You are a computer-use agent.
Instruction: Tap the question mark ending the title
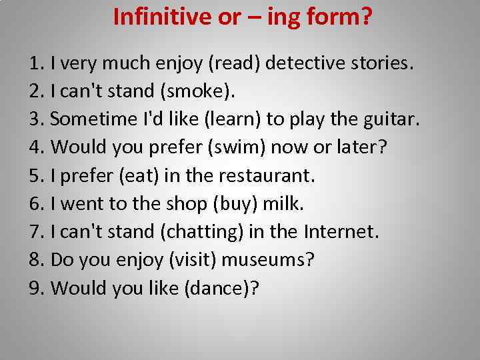[x=366, y=16]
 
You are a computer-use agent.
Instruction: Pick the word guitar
[x=393, y=121]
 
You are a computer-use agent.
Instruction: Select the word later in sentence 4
[x=357, y=148]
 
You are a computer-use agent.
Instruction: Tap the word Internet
[x=341, y=232]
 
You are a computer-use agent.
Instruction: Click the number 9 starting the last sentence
[x=35, y=287]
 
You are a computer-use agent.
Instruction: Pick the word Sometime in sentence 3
[x=92, y=121]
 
